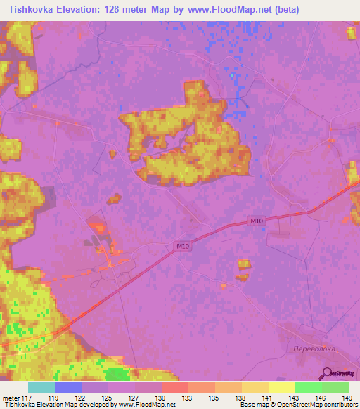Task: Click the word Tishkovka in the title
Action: pos(33,10)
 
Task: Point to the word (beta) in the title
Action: pos(288,10)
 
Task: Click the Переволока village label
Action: pos(314,348)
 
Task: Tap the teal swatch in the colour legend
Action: pos(41,387)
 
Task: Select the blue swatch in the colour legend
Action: pos(68,387)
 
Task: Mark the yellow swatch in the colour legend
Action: pos(281,387)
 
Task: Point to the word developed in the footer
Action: pos(94,405)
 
